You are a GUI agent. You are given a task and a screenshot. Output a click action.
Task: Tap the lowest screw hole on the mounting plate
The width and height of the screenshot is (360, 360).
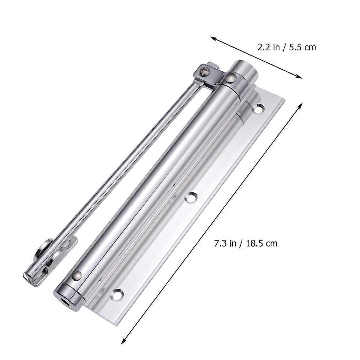pos(118,293)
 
